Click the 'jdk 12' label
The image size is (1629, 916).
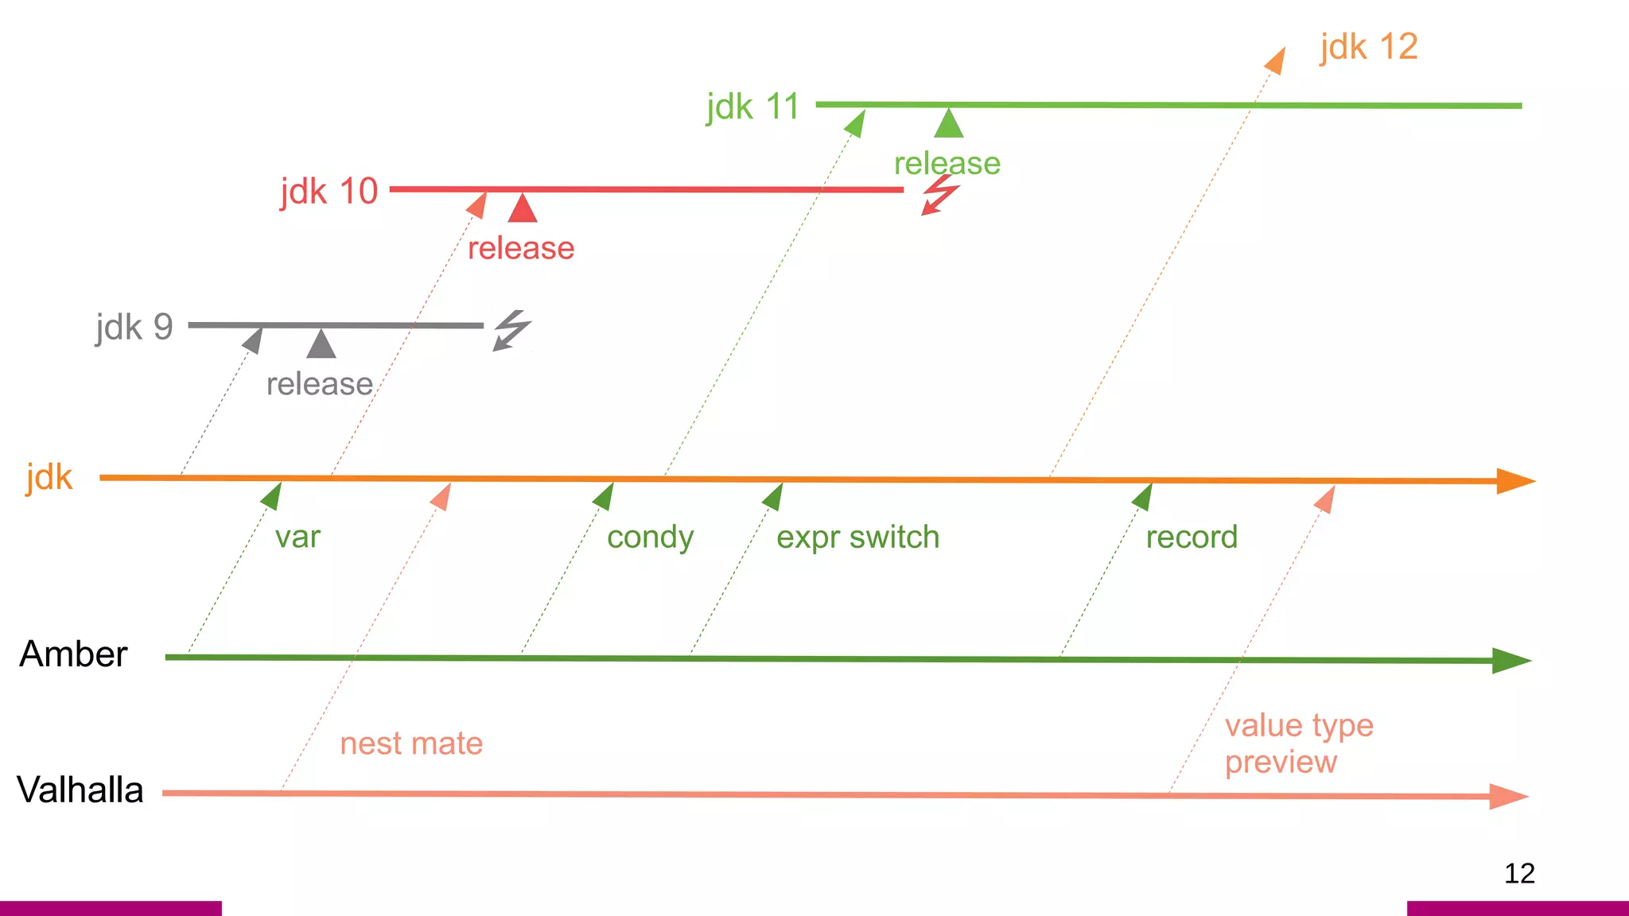point(1368,48)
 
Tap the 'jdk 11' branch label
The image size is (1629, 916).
point(752,107)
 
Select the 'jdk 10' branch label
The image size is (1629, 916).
point(329,192)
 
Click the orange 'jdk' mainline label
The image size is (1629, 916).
point(49,478)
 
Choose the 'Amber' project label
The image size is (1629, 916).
point(73,654)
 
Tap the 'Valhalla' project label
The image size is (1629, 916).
point(80,790)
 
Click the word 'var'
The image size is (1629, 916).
point(297,538)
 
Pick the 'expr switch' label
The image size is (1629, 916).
point(857,538)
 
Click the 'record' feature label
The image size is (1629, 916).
point(1192,538)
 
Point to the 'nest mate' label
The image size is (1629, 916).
point(411,744)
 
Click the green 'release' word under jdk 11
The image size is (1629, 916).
point(947,164)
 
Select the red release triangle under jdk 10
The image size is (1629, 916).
point(523,209)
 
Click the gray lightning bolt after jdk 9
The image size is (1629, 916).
point(511,330)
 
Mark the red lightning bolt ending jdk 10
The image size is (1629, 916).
point(940,195)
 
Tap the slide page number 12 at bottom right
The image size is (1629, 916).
point(1519,874)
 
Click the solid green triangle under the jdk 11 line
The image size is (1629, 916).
point(949,124)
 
